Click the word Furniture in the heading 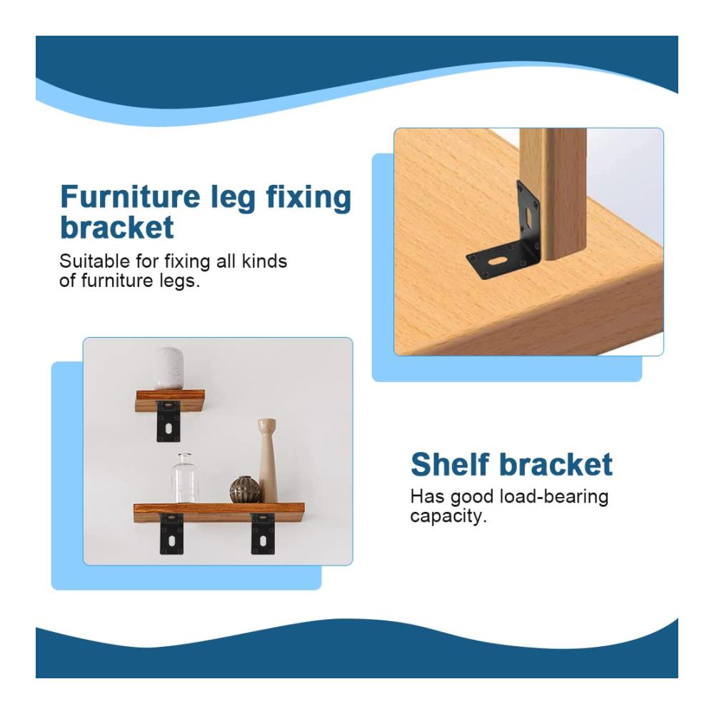click(x=130, y=196)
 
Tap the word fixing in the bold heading click(x=308, y=198)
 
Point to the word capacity click(x=448, y=517)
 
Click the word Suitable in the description click(x=95, y=261)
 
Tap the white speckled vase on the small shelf click(x=169, y=368)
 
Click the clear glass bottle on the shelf click(x=185, y=478)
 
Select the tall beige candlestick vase click(x=267, y=460)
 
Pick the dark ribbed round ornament click(x=245, y=490)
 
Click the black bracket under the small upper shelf click(x=169, y=421)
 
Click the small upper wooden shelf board click(x=170, y=401)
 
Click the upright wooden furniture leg click(x=553, y=193)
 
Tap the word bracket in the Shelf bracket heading click(x=556, y=464)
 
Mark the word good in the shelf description click(x=472, y=497)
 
